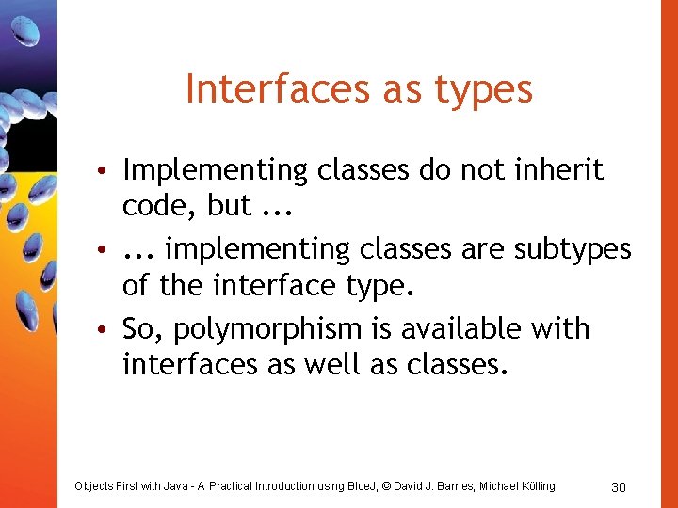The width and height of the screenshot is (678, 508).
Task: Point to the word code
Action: [154, 205]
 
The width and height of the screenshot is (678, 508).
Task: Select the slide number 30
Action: [619, 486]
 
